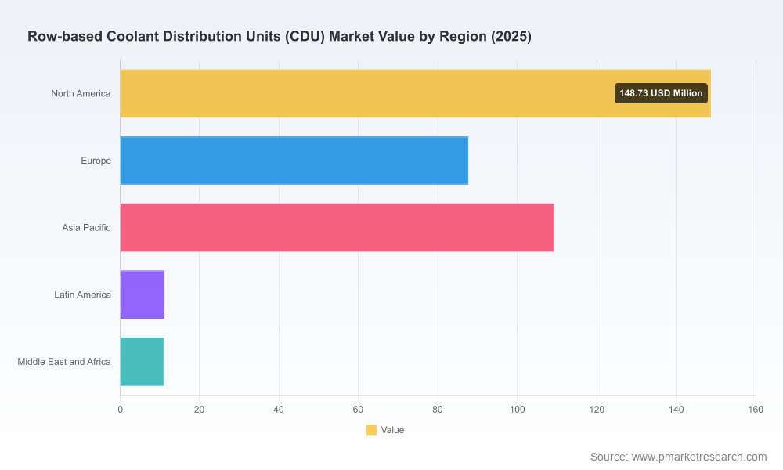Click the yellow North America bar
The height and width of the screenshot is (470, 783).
pos(416,93)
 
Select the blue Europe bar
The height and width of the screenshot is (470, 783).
pos(294,161)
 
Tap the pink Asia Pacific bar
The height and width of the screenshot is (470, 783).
pos(337,227)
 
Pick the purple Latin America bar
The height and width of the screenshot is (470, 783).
pos(143,295)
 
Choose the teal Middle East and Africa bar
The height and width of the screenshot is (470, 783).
pos(143,362)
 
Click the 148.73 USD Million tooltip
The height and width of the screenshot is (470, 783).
pos(661,93)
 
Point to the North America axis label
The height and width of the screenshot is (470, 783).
pos(81,93)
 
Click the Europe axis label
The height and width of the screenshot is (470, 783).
pos(96,161)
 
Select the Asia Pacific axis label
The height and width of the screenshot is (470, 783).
pos(86,228)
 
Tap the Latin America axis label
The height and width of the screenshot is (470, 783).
pos(82,295)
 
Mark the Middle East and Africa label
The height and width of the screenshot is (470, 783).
pos(64,362)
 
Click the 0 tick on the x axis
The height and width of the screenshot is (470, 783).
pos(121,410)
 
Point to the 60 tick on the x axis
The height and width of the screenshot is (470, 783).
pos(358,410)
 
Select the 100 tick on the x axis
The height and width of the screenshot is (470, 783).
pos(518,410)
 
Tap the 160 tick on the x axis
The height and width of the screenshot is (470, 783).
pos(756,410)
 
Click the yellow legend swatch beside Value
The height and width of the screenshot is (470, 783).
pos(371,430)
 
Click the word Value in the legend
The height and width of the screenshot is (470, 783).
pos(392,430)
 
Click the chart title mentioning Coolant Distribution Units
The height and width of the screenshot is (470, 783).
pos(280,36)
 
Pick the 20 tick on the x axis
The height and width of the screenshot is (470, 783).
pos(199,410)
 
